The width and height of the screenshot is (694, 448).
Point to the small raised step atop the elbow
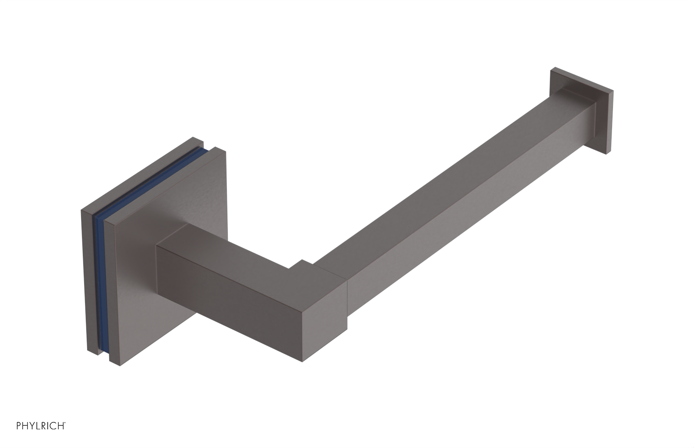click(x=304, y=264)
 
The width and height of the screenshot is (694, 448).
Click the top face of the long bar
click(x=434, y=191)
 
